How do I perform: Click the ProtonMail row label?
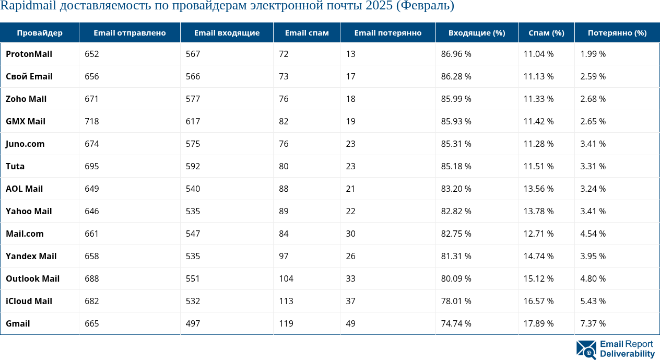(29, 54)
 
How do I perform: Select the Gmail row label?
(18, 323)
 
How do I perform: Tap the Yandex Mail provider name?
(31, 256)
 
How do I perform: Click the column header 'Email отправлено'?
(129, 32)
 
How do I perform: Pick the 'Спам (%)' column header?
(546, 32)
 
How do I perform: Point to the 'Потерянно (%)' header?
(617, 32)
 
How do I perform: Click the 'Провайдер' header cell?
(39, 32)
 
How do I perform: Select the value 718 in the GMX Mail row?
(92, 121)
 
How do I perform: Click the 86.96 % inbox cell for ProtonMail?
(456, 54)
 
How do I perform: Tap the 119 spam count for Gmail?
(286, 323)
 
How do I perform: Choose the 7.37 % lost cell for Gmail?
(593, 323)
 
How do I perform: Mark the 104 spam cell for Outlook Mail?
(286, 278)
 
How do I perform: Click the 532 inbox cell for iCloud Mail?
(193, 301)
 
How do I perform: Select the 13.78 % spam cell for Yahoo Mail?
(538, 211)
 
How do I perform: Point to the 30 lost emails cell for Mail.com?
(350, 234)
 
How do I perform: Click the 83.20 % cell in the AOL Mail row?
(456, 189)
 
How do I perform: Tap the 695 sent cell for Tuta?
(92, 166)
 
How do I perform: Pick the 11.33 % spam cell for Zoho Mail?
(538, 99)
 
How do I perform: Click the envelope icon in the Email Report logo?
(586, 349)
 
